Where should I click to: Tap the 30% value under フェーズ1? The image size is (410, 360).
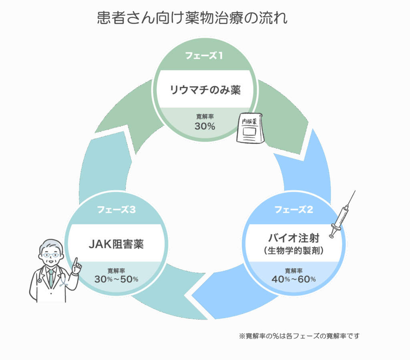click(x=205, y=126)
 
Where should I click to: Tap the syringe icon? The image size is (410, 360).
click(x=343, y=214)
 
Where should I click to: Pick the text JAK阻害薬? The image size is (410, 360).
click(x=116, y=244)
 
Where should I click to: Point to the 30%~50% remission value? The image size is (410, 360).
click(x=116, y=279)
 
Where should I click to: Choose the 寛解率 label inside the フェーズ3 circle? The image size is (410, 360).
click(x=116, y=271)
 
